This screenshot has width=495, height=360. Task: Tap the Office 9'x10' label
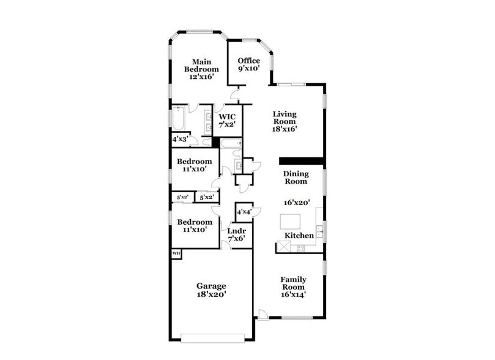[x=249, y=65]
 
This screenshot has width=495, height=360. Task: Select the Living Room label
[x=285, y=121]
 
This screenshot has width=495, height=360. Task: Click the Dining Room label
[x=296, y=178]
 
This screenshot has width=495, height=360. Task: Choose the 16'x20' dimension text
[x=296, y=202]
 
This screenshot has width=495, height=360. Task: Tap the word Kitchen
[x=299, y=236]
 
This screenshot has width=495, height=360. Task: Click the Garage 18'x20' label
[x=211, y=290]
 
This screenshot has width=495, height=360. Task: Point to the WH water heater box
[x=176, y=253]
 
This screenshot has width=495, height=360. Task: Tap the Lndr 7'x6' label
[x=236, y=234]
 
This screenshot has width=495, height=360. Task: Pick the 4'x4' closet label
[x=244, y=212]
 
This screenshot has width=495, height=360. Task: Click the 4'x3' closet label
[x=179, y=140]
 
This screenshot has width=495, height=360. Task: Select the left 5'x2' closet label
[x=182, y=197]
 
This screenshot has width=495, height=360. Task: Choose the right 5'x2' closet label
[x=207, y=197]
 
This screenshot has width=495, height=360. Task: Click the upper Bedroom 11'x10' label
[x=194, y=165]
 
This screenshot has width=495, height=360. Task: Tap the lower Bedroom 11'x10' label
[x=195, y=225]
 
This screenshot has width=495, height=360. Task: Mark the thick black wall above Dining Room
[x=301, y=161]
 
